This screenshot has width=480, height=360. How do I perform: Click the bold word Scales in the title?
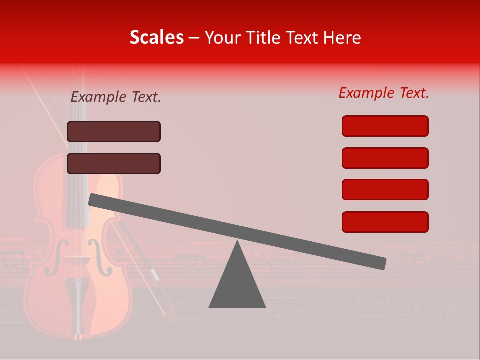156,38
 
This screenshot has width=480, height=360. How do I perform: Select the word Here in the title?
342,38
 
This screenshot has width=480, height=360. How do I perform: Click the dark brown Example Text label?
116,97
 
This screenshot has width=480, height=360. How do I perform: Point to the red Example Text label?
384,93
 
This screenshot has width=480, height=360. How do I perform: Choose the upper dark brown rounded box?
114,131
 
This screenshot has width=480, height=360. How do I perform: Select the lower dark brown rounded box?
114,163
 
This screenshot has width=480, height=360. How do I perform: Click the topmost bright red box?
385,126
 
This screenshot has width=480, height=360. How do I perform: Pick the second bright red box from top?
385,158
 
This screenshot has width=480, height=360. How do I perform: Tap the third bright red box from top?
385,189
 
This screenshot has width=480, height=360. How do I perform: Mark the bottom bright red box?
385,222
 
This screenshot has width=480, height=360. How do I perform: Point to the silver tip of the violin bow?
155,276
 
